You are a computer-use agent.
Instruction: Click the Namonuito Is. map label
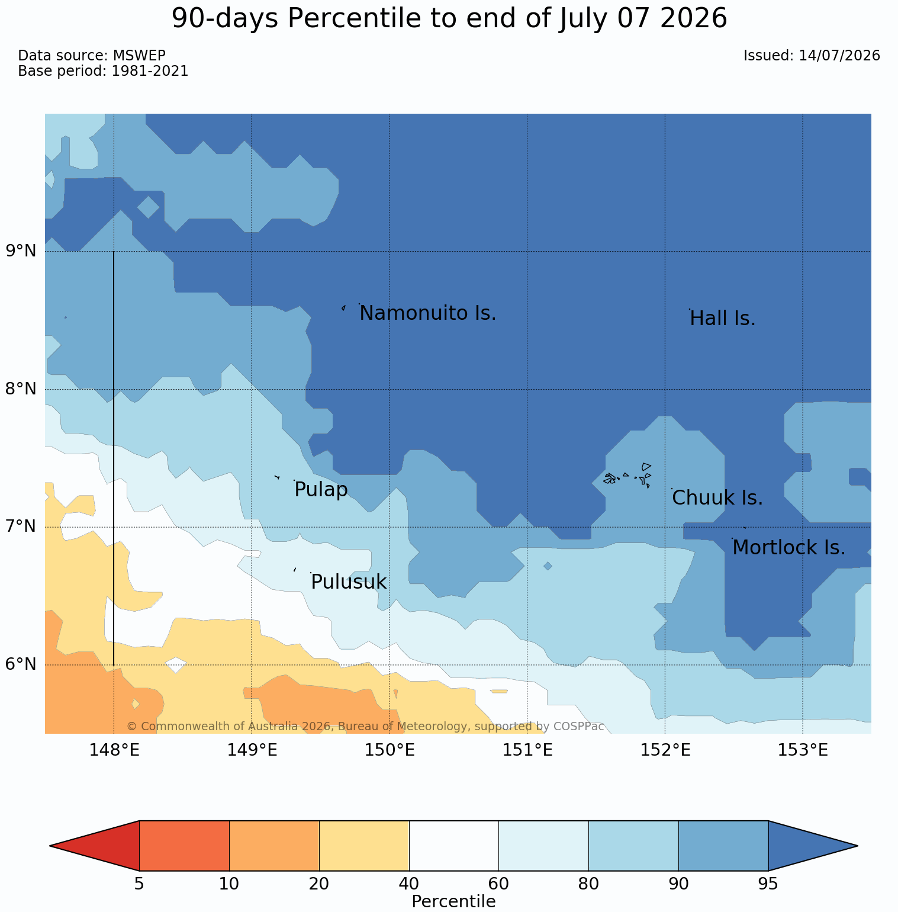(427, 313)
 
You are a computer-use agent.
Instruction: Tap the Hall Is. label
(723, 319)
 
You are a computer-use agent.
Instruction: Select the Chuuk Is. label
(717, 498)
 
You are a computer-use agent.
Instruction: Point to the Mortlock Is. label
(788, 548)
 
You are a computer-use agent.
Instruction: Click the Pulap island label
(321, 490)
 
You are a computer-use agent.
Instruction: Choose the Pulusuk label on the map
(349, 582)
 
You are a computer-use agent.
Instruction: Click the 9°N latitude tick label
(21, 251)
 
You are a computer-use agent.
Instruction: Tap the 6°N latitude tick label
(21, 664)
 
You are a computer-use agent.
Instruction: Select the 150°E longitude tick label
(390, 750)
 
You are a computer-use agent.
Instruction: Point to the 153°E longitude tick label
(803, 750)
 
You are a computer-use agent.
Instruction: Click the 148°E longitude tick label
(114, 750)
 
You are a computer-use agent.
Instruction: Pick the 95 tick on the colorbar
(768, 884)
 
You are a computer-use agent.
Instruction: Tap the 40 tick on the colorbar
(409, 884)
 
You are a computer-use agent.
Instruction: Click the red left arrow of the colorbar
(95, 846)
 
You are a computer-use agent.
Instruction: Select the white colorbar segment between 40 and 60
(454, 846)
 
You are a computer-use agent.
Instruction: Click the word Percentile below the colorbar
(453, 901)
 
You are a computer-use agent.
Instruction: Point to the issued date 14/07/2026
(839, 56)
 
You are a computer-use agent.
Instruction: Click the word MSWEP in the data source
(139, 56)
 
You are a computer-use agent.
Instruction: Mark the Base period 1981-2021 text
(103, 71)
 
